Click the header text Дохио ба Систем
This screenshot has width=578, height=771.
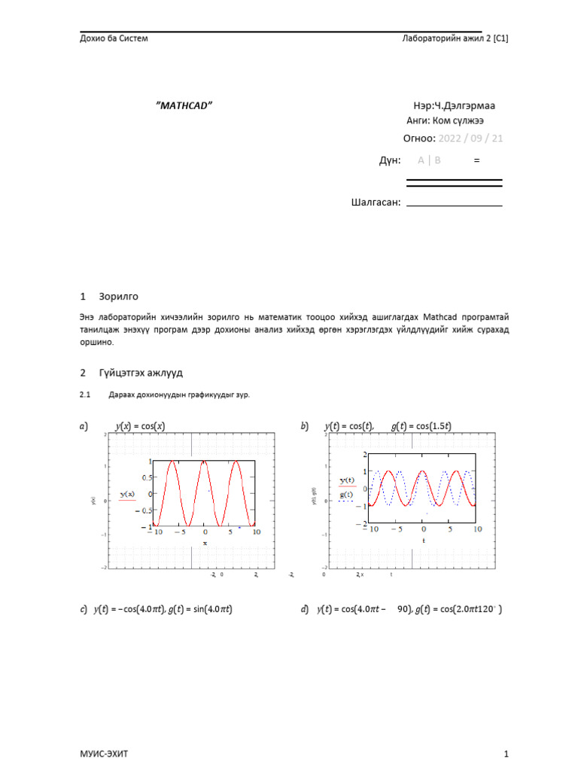click(114, 38)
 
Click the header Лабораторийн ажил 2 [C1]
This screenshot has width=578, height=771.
click(455, 38)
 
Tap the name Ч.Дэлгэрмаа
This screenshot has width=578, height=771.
click(463, 106)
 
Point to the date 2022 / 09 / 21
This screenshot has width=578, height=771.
click(470, 139)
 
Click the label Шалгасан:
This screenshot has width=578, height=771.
click(375, 202)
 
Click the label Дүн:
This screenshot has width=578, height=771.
click(389, 160)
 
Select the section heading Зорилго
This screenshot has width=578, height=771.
click(118, 297)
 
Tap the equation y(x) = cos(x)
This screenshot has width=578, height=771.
click(140, 426)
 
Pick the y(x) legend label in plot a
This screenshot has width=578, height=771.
click(127, 494)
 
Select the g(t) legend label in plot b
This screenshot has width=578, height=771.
click(347, 495)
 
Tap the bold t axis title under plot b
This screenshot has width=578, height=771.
click(423, 540)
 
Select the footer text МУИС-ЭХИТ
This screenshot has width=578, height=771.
click(98, 754)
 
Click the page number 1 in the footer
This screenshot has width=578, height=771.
click(507, 754)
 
